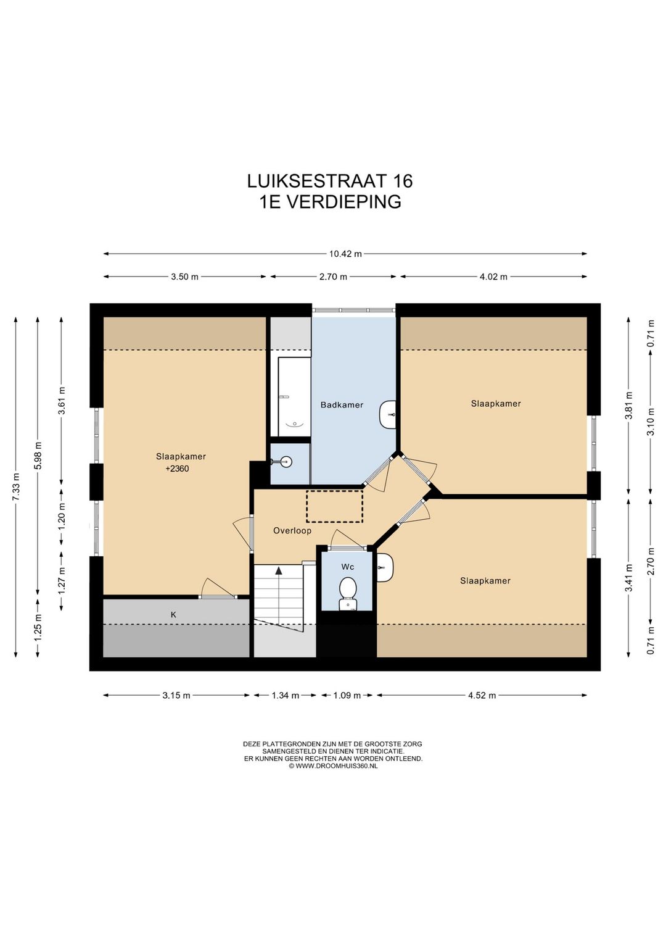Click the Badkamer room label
point(342,405)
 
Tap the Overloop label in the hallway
point(292,530)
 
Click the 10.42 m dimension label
point(345,254)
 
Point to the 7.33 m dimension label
point(16,486)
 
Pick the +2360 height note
point(177,469)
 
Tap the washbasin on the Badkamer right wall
point(388,414)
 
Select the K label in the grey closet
point(173,615)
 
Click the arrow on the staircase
point(279,572)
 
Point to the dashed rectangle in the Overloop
point(334,506)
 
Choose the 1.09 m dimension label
point(347,695)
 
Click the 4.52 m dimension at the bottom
point(482,695)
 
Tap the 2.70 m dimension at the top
point(333,277)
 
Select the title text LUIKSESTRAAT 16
point(330,181)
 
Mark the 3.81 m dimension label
point(628,406)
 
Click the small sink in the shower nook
point(284,461)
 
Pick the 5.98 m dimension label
point(38,456)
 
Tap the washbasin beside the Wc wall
point(385,567)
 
